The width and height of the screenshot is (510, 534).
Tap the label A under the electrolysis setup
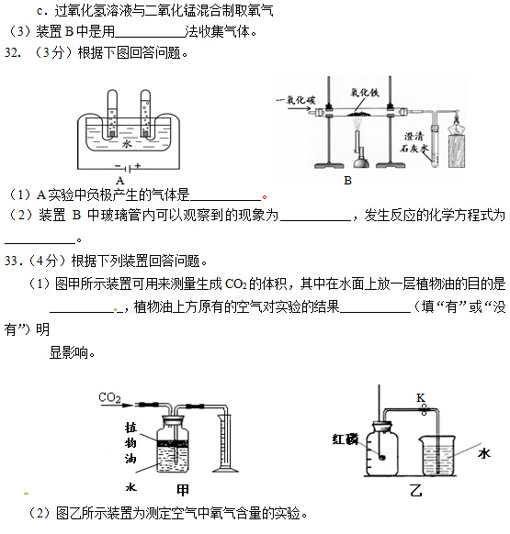tap(120, 180)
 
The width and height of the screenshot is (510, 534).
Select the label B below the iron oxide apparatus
tap(347, 181)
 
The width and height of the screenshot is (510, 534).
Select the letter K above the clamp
tap(420, 396)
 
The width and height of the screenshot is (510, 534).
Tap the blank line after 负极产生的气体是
tap(226, 195)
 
